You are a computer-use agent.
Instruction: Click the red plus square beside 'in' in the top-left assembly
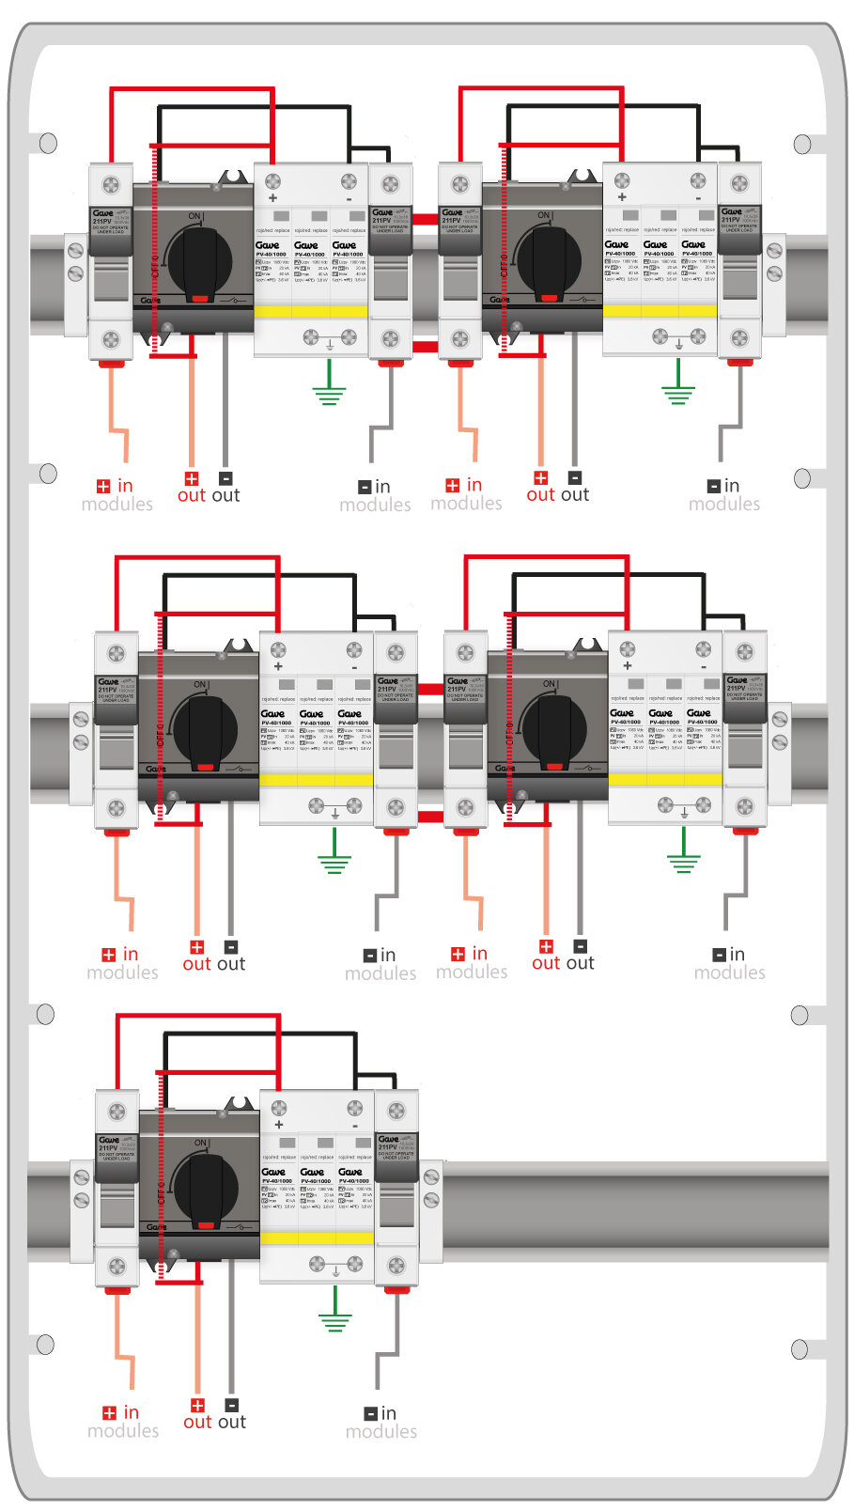(x=103, y=486)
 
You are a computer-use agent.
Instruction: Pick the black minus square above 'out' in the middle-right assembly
(x=580, y=946)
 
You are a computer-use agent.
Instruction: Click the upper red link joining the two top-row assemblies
(x=425, y=219)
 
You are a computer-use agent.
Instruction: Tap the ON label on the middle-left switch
(x=199, y=684)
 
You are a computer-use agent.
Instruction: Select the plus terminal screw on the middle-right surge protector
(x=628, y=649)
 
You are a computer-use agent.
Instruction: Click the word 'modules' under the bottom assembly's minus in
(x=380, y=1431)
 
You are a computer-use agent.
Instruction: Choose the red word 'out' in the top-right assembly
(x=540, y=495)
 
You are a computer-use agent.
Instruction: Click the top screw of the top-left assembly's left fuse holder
(x=111, y=183)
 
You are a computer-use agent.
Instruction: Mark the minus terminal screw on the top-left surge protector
(x=349, y=180)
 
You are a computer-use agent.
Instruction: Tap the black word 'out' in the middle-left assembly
(x=231, y=964)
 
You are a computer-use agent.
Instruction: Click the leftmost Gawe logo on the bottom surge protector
(x=273, y=1172)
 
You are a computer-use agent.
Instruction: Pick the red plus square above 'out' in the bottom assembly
(x=197, y=1405)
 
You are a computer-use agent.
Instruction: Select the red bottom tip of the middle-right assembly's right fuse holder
(x=745, y=831)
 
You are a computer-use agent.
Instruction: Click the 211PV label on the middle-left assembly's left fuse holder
(x=107, y=690)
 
